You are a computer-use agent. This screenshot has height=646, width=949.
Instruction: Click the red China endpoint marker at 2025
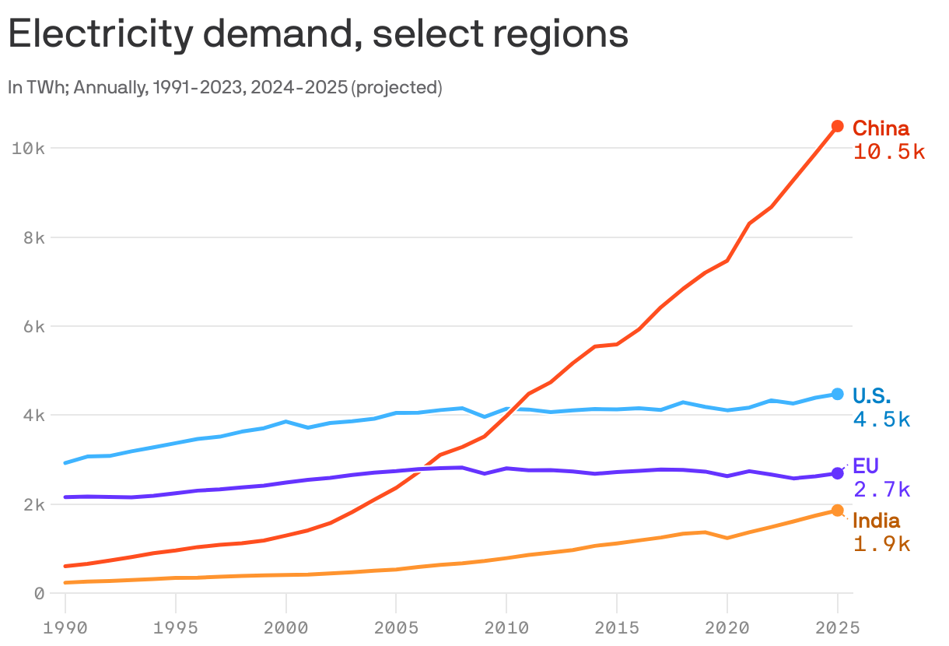point(838,126)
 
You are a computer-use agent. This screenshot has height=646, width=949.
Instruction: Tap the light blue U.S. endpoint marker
point(838,394)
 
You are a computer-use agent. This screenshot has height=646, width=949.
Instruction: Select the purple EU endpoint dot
point(838,473)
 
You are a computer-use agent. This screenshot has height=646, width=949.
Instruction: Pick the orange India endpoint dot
point(838,511)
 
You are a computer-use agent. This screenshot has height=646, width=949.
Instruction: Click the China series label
point(881,128)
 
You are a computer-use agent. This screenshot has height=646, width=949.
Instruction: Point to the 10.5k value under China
point(888,153)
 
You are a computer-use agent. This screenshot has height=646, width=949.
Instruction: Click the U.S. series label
point(872,395)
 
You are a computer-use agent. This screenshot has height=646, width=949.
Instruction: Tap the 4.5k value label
point(881,420)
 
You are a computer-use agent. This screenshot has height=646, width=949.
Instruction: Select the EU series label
point(866,466)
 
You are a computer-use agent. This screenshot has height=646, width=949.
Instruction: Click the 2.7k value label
point(881,490)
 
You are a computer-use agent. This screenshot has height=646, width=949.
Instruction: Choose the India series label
point(877,521)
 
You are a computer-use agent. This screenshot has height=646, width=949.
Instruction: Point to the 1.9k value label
point(881,544)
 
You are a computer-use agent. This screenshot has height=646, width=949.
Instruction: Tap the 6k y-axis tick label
point(32,327)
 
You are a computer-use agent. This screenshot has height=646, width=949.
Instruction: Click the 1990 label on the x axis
point(65,627)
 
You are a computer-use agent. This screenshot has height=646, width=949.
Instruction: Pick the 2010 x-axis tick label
point(506,627)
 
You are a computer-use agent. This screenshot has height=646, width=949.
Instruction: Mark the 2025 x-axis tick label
point(838,627)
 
